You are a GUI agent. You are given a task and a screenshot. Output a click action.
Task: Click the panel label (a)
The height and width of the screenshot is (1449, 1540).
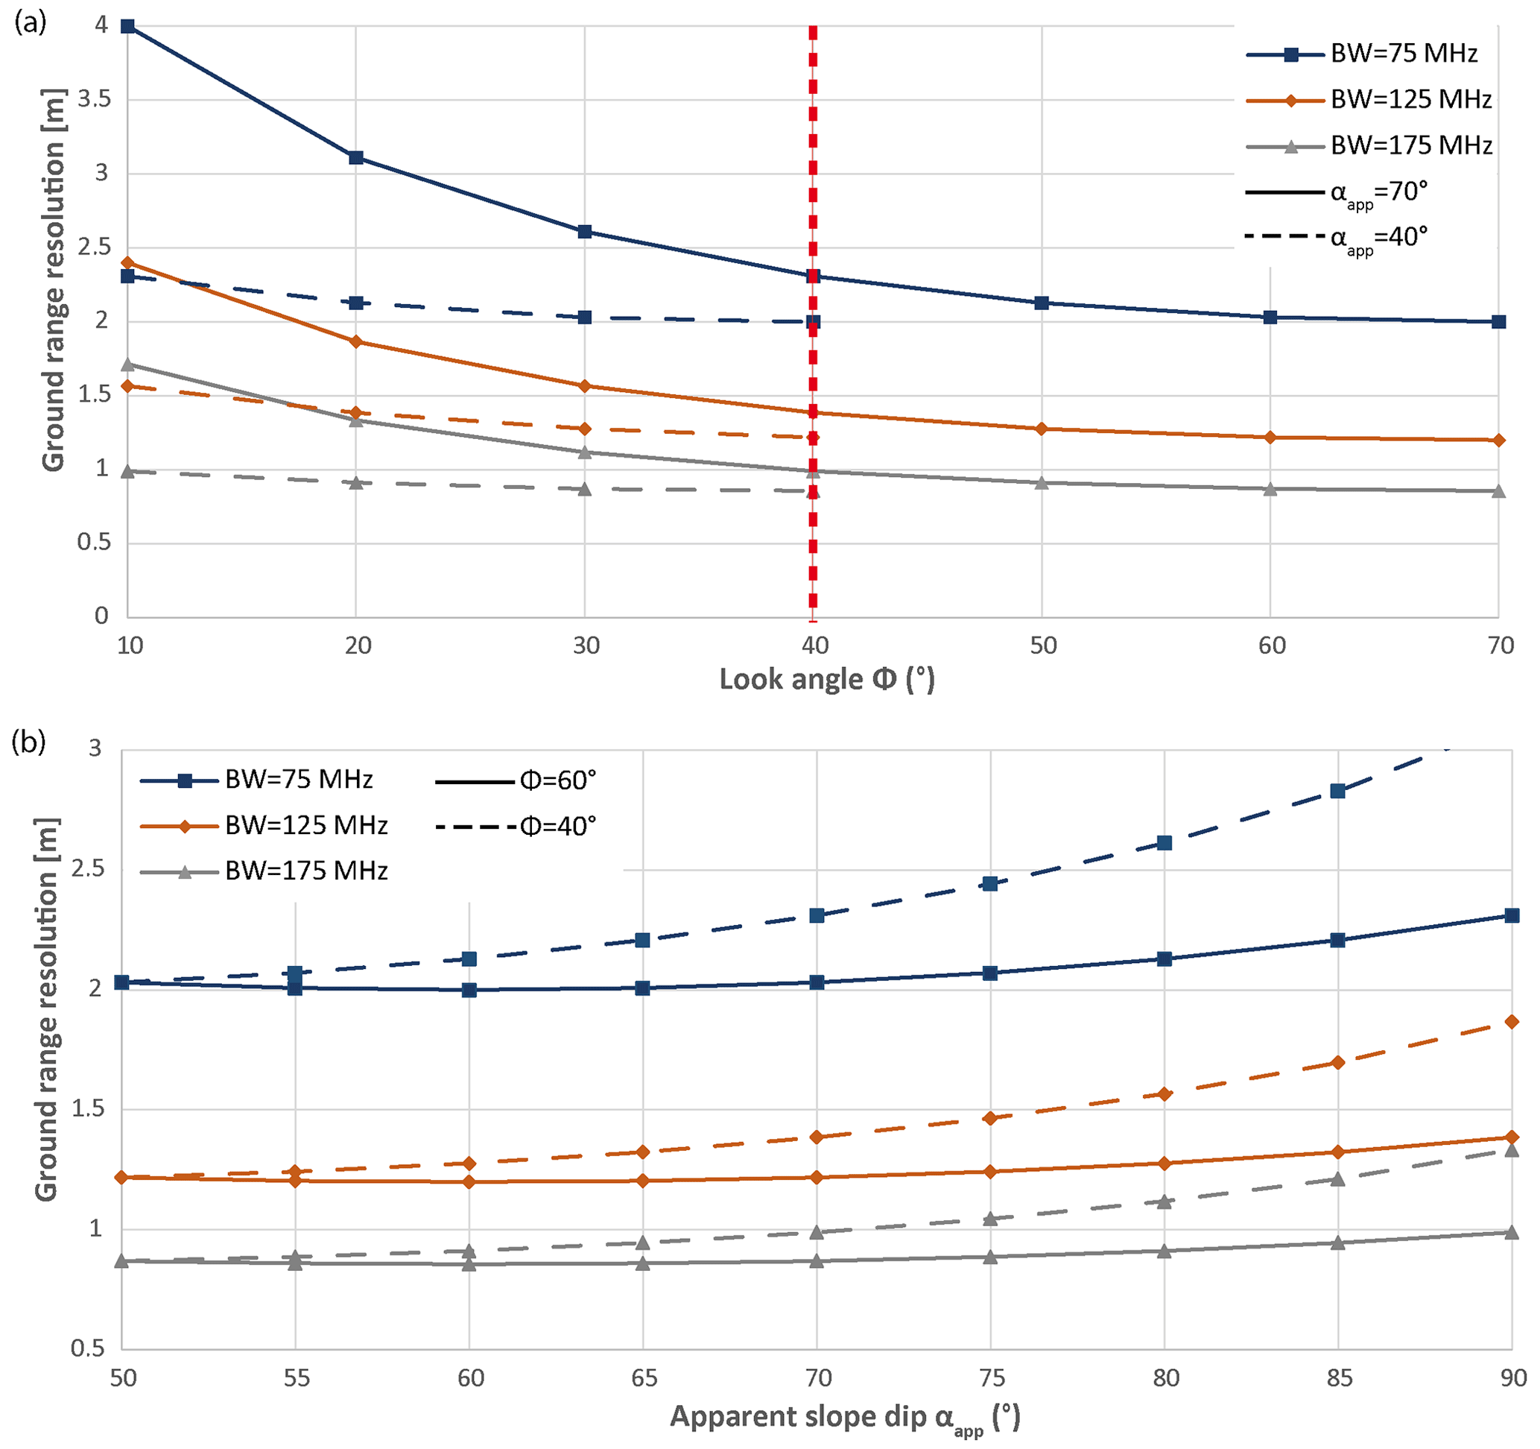31,23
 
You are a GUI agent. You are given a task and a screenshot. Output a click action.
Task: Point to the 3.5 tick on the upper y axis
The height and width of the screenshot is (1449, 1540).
94,99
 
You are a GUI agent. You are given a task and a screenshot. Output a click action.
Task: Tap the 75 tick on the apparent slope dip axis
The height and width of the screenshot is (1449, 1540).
992,1377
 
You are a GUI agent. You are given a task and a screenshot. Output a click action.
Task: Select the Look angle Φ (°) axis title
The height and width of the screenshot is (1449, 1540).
826,680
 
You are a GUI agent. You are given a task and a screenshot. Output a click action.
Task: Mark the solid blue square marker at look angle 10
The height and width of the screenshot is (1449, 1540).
128,26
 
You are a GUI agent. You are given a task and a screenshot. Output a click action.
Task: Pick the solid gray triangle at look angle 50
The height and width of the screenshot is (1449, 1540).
1042,483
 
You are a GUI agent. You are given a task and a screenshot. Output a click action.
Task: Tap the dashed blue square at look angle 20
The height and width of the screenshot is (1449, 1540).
356,302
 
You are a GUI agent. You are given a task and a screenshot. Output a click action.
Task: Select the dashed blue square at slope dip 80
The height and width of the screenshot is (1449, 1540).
1164,842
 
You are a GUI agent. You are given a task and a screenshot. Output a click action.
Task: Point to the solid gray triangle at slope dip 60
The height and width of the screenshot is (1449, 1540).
469,1264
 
